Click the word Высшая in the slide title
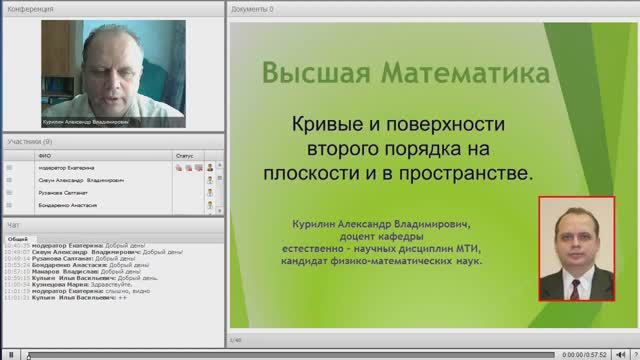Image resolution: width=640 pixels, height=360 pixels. coord(311,74)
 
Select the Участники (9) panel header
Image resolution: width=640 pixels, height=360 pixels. coord(30,142)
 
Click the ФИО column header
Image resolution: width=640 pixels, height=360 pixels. coord(45,156)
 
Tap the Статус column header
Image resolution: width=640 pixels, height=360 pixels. coord(184,156)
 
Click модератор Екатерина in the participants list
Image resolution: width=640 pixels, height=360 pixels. coord(67,168)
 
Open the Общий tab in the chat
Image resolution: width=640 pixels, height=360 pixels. coord(18,239)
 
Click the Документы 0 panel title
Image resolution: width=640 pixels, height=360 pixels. coord(252,8)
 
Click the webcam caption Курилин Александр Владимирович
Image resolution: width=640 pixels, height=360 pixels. coord(86,122)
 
